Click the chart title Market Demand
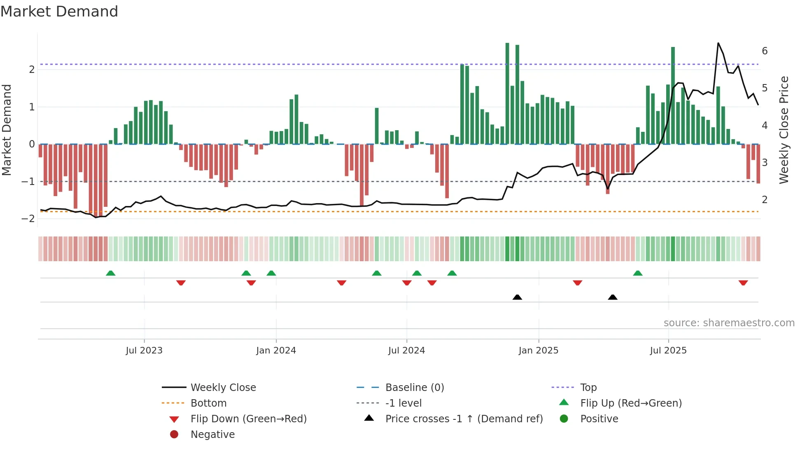(59, 12)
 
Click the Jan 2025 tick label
(538, 351)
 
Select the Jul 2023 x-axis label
(144, 351)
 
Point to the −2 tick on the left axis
(28, 219)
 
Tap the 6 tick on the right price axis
(765, 51)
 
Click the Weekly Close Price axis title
(784, 130)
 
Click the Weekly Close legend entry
(223, 388)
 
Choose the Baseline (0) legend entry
(414, 388)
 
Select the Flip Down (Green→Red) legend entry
(248, 419)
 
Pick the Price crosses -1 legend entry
(464, 419)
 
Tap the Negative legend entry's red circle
(174, 435)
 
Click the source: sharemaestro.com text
(729, 323)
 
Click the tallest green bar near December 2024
(507, 93)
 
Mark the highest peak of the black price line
(718, 43)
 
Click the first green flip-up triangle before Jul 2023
(110, 273)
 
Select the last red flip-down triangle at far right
(743, 283)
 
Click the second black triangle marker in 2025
(613, 297)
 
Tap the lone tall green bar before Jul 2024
(377, 126)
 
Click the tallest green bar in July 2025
(673, 96)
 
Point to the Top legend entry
(588, 388)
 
